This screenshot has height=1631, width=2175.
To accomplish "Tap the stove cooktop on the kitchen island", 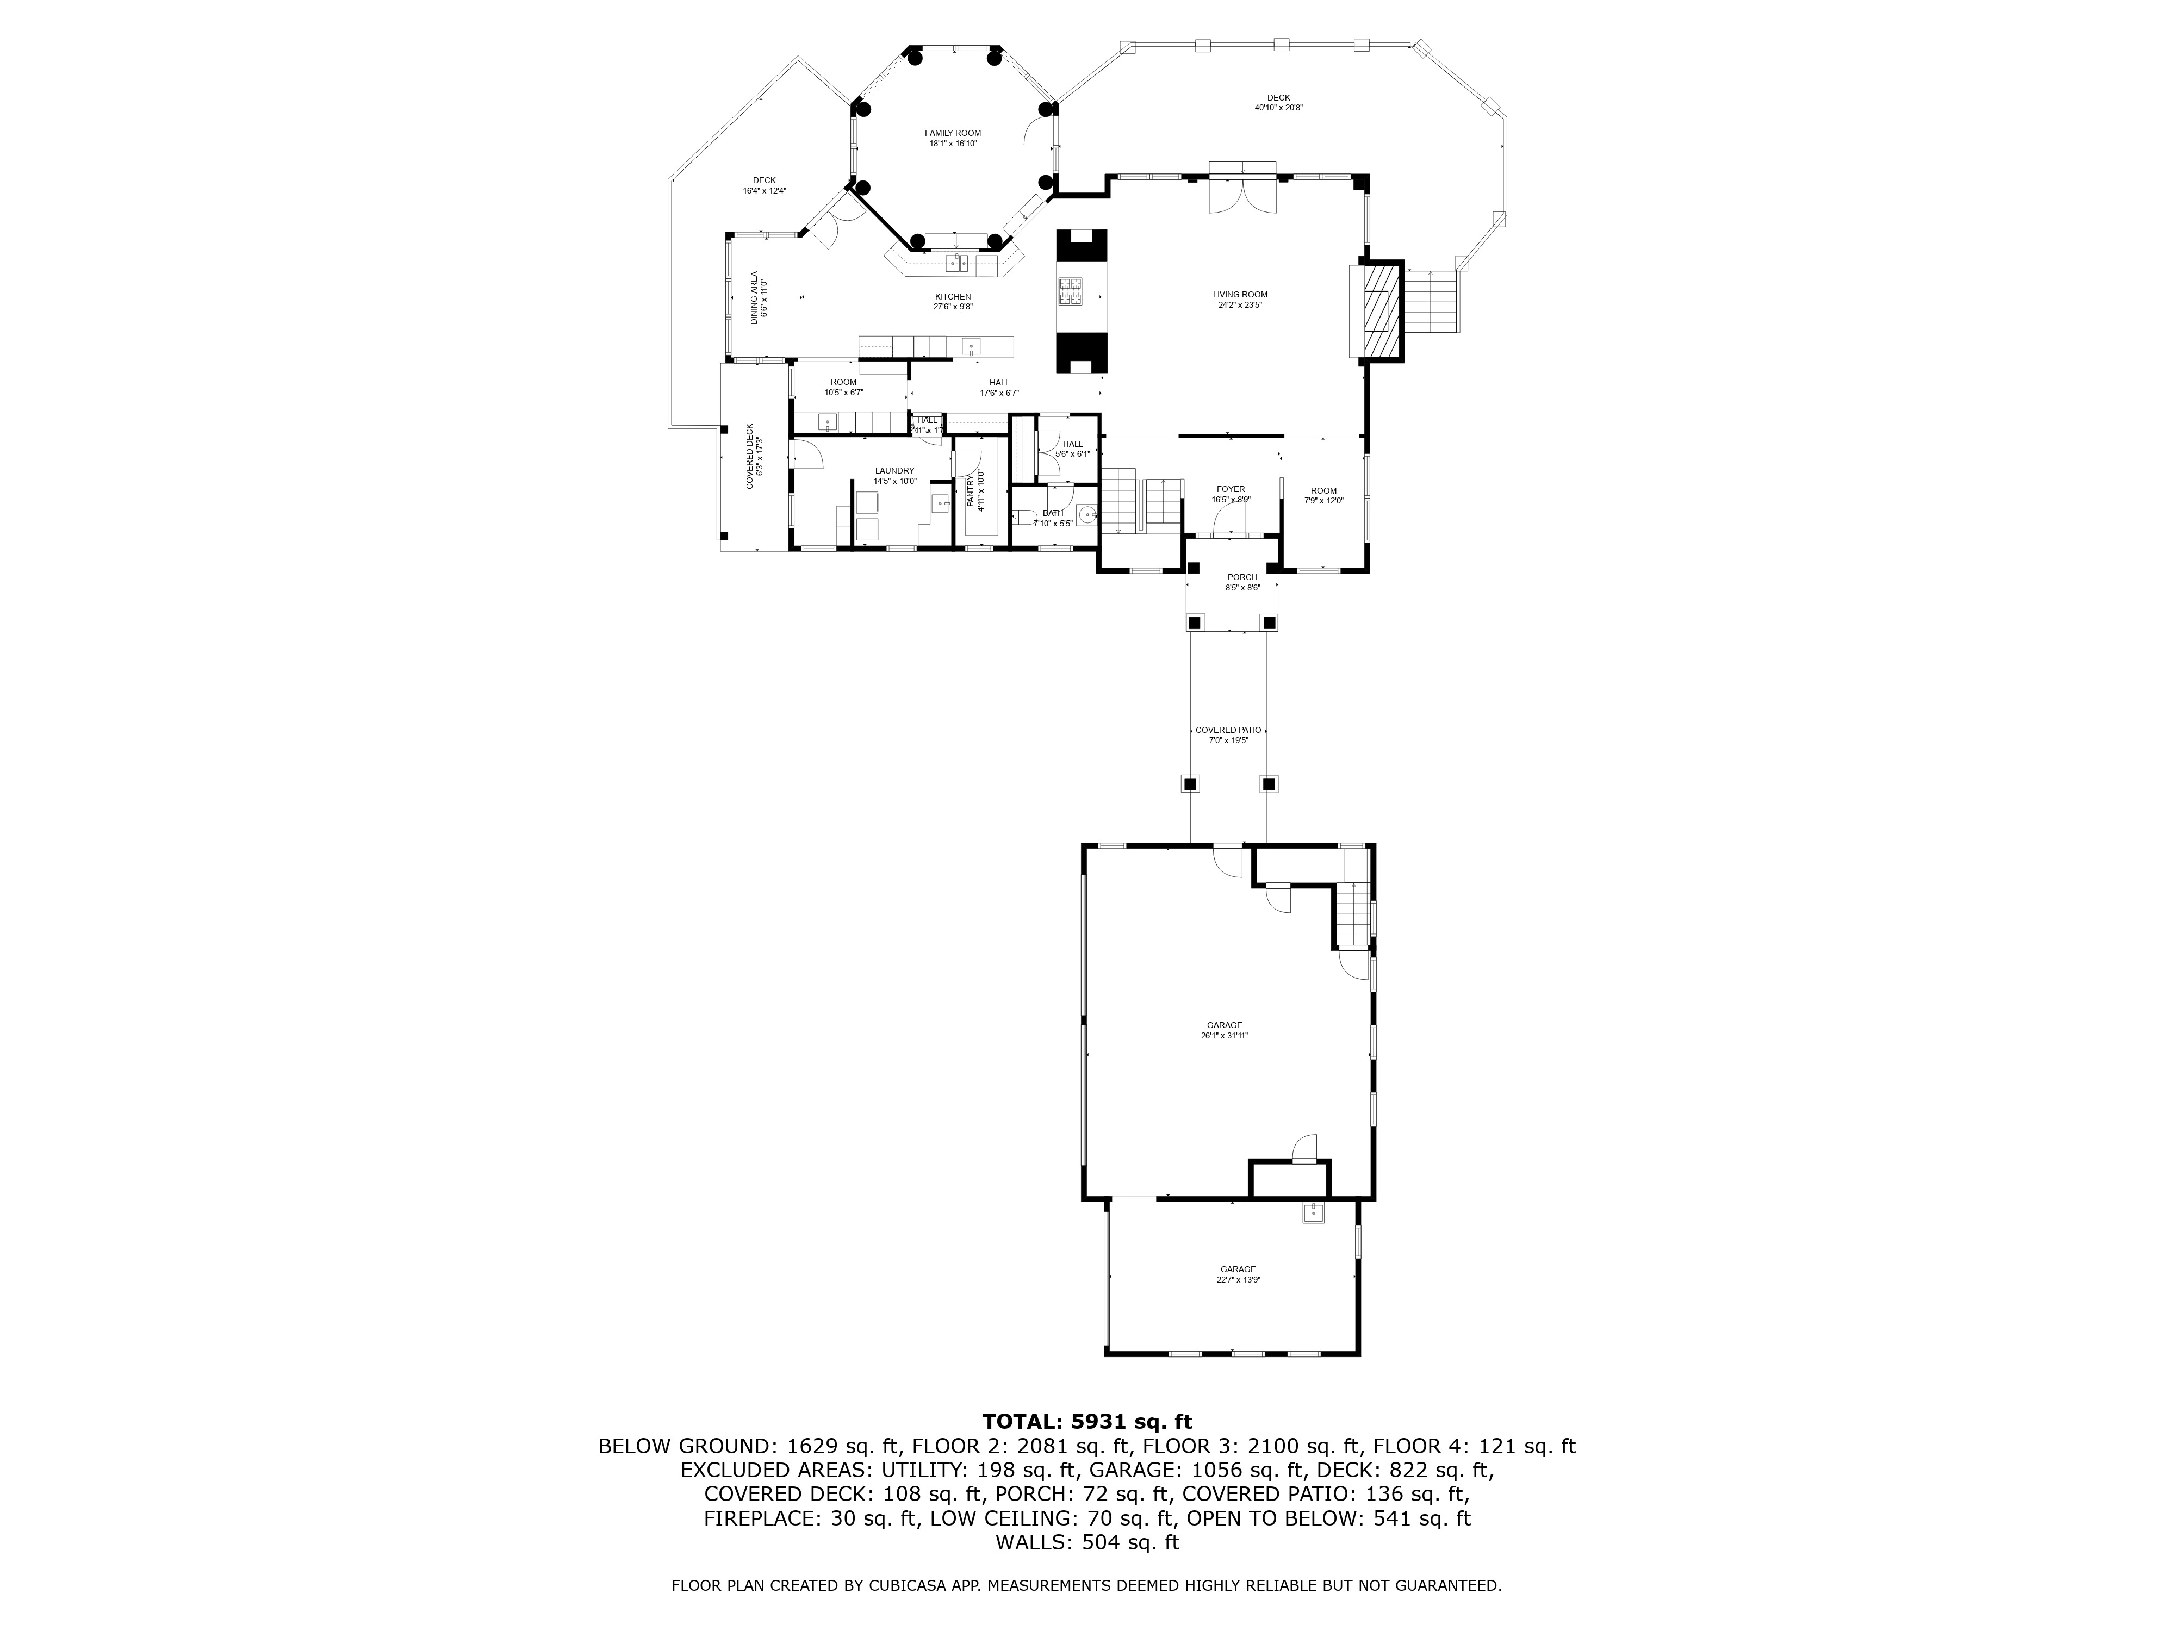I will click(1071, 292).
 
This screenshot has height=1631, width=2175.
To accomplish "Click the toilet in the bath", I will click(1023, 518).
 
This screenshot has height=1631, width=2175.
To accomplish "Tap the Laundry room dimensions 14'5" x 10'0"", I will click(895, 481).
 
